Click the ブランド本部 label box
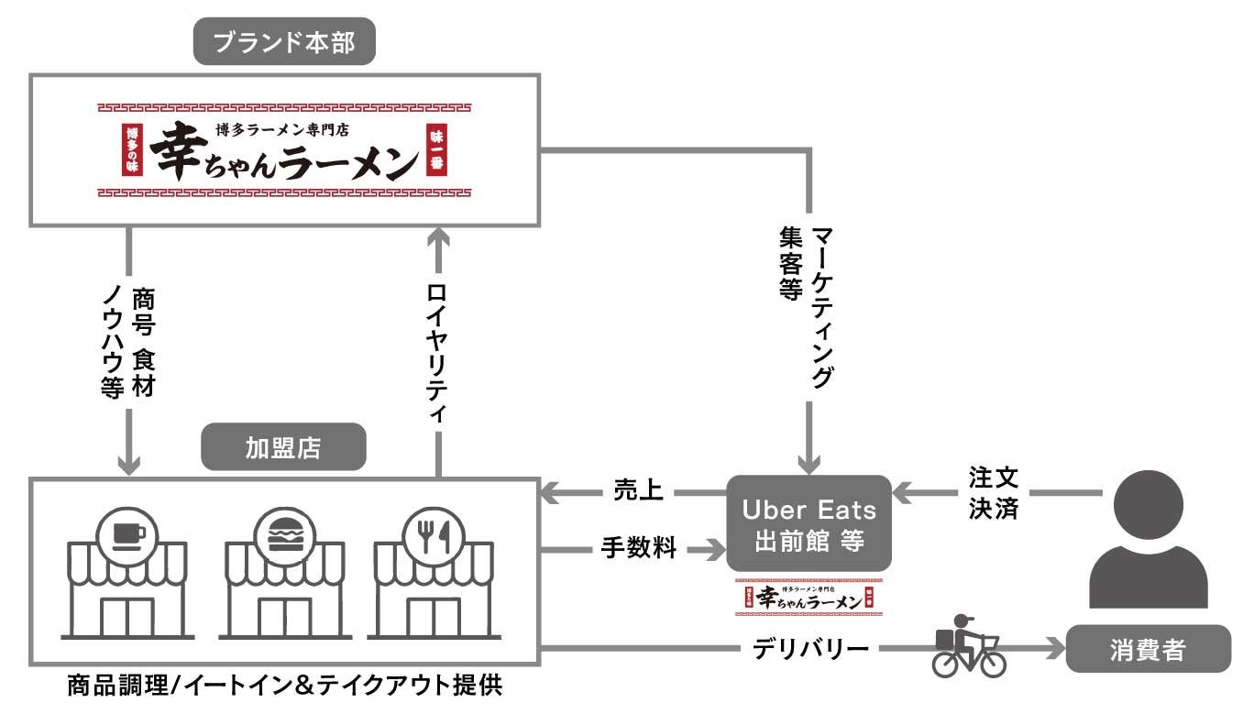point(285,42)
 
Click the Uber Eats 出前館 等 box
point(808,523)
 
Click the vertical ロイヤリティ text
point(438,349)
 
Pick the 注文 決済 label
point(994,492)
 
